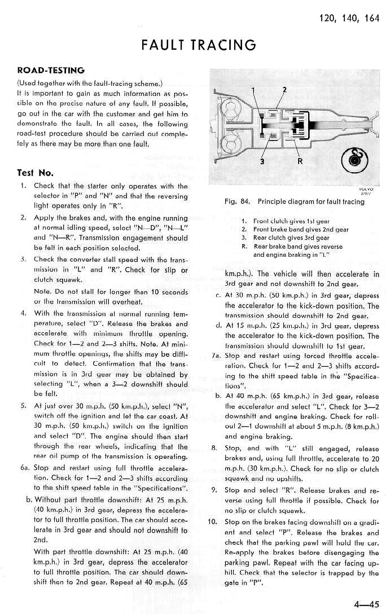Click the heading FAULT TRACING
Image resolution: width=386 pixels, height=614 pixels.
point(199,44)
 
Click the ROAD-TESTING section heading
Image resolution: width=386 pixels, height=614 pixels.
point(51,71)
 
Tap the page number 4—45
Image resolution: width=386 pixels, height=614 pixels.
point(367,604)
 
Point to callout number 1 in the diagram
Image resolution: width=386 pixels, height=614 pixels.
point(253,91)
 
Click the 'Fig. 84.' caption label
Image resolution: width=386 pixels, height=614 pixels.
point(236,201)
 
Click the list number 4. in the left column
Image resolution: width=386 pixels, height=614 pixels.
point(23,313)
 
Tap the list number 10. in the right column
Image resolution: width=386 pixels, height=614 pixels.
point(213,521)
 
